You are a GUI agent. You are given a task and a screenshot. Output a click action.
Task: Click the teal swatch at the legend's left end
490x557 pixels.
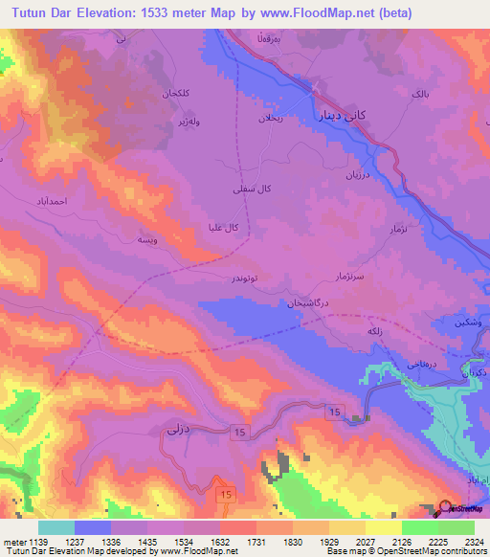56,526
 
